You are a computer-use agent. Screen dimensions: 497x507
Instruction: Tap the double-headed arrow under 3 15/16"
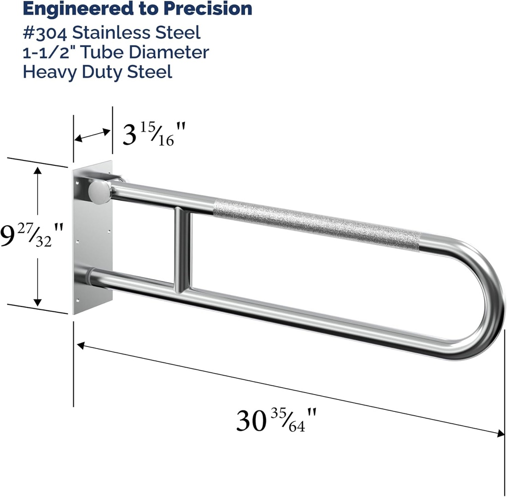92,135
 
